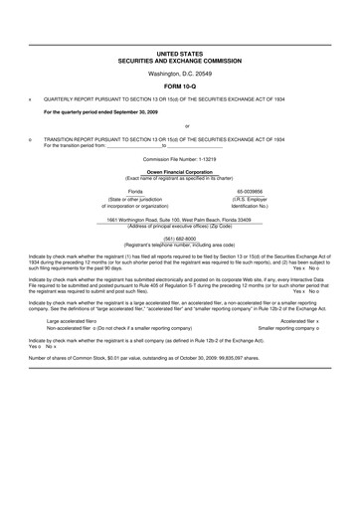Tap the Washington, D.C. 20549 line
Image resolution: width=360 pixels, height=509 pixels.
[179, 74]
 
